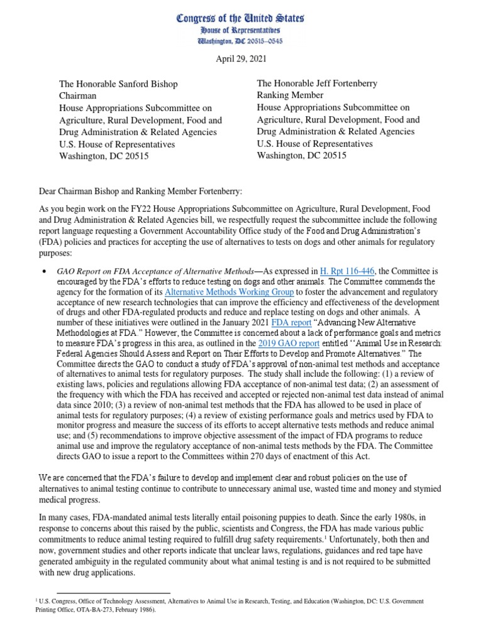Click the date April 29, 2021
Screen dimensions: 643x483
point(241,60)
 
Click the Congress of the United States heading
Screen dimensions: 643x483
point(241,18)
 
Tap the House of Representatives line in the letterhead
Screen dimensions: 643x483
point(241,30)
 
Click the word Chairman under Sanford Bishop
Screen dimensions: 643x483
point(77,96)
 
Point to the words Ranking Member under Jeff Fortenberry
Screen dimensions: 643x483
point(290,95)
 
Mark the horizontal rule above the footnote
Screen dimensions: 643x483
point(113,593)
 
